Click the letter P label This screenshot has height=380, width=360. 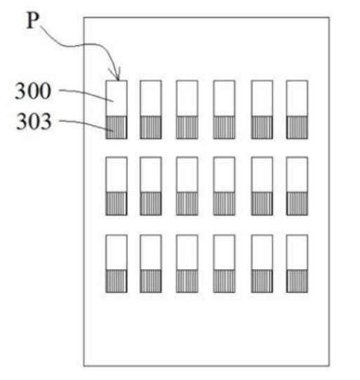(33, 20)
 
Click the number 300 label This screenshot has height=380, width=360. (33, 91)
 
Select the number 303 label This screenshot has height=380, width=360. (34, 122)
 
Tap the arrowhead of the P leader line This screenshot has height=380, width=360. (116, 77)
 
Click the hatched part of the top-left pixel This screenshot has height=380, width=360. (116, 127)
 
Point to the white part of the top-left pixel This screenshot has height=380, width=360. (116, 98)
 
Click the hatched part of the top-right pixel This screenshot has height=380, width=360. (297, 127)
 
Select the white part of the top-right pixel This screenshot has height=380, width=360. (297, 98)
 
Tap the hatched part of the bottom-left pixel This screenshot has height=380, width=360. (116, 281)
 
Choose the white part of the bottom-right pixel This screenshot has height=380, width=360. (297, 252)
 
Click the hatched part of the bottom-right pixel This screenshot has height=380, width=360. (297, 281)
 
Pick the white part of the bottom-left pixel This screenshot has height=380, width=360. (116, 252)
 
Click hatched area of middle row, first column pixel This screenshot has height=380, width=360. (116, 204)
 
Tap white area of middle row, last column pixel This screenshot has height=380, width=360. (297, 174)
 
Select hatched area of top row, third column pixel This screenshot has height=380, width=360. (187, 127)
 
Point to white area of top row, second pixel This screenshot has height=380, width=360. (151, 98)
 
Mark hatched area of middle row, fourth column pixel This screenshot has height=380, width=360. (224, 204)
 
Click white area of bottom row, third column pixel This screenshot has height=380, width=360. (187, 252)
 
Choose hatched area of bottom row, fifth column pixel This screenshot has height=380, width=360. (262, 281)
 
